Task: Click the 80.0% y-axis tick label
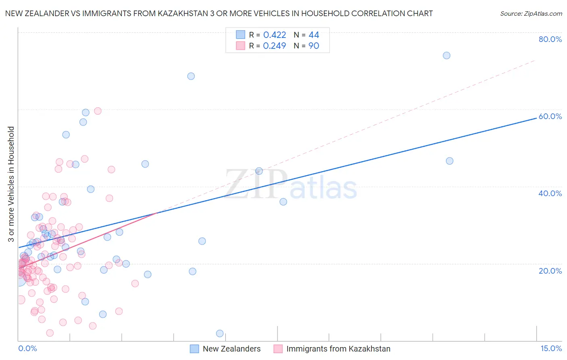pos(550,39)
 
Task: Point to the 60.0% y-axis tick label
pos(550,116)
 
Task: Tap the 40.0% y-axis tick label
pos(550,193)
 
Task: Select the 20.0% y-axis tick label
pos(550,270)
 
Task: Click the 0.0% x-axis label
pos(27,348)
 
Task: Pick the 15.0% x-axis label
pos(551,348)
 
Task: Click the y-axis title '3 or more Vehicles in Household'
pos(11,184)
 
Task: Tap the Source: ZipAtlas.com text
pos(531,14)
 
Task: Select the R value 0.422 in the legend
pos(274,35)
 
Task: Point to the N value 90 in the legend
pos(314,46)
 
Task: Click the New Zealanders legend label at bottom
pos(231,349)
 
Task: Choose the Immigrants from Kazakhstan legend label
pos(338,349)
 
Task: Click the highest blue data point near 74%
pos(446,56)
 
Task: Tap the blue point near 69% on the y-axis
pos(191,76)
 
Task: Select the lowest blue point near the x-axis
pos(220,333)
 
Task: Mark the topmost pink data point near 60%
pos(98,111)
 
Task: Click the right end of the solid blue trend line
pos(536,118)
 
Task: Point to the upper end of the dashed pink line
pos(535,60)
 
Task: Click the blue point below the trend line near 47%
pos(450,161)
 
